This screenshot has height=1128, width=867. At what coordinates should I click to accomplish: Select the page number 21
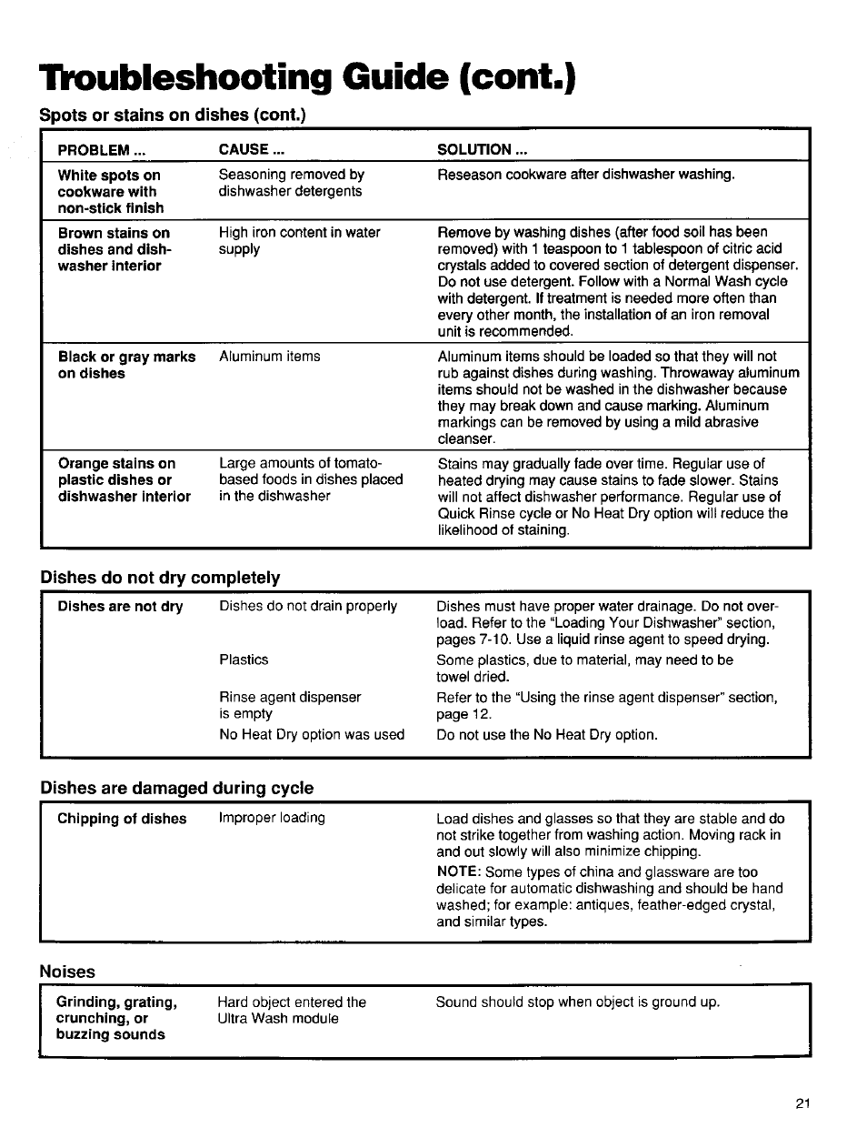click(801, 1103)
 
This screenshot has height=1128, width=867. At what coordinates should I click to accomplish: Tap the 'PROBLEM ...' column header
click(102, 150)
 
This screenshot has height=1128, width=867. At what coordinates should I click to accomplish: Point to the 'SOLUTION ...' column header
click(482, 150)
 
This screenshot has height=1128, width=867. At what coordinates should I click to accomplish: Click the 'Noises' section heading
click(67, 972)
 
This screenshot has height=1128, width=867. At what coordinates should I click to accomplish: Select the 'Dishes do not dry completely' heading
click(160, 578)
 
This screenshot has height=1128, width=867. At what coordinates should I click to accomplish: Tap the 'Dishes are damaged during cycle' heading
click(176, 788)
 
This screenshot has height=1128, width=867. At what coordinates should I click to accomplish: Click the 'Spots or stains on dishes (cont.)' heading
click(173, 116)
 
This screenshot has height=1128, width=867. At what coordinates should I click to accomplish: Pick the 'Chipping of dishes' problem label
click(122, 819)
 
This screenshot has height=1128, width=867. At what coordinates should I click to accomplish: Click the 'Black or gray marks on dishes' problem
click(126, 365)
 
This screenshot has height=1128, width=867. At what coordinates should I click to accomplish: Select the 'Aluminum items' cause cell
click(269, 357)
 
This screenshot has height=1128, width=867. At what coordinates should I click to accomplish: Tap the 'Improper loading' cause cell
click(271, 818)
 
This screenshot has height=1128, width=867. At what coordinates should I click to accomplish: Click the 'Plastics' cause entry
click(244, 660)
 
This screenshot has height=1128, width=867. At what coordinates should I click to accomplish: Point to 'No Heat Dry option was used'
click(311, 734)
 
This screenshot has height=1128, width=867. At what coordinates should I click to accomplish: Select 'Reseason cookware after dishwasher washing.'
click(585, 175)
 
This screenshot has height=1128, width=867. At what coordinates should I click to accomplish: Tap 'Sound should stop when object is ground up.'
click(577, 1002)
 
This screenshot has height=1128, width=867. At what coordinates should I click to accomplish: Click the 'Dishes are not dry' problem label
click(120, 607)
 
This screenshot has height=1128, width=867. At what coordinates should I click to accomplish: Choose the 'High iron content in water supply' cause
click(299, 240)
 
